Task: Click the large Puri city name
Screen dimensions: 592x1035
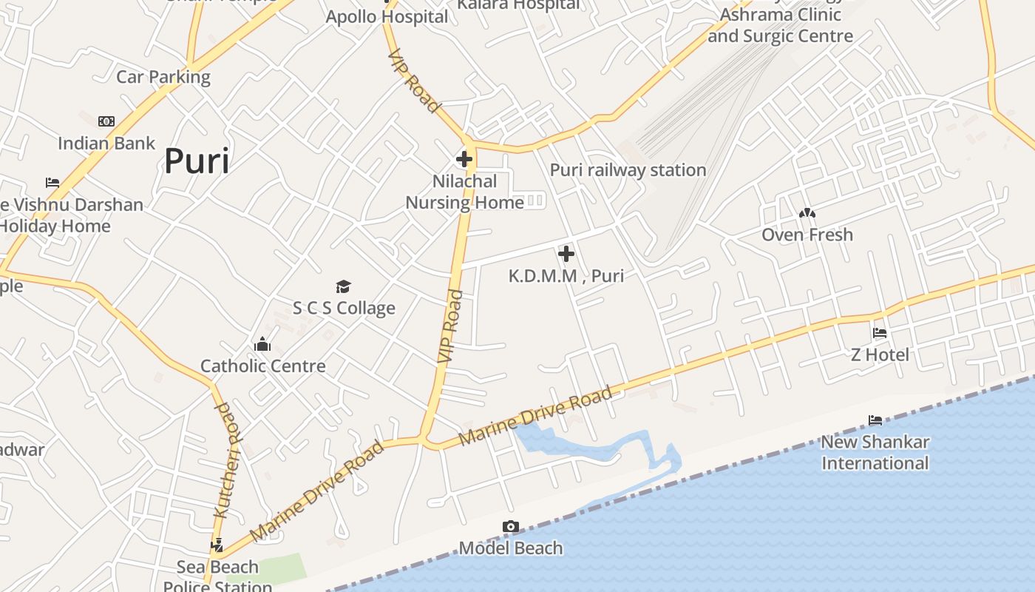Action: [x=196, y=161]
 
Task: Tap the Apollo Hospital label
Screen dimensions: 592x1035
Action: [x=387, y=16]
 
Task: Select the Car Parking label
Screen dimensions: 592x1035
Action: [x=163, y=77]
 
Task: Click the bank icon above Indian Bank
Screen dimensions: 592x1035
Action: [x=106, y=121]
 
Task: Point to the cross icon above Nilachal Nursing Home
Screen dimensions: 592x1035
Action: [x=464, y=159]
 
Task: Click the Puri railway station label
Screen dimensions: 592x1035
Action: [x=628, y=170]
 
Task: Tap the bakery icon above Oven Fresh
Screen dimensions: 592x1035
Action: [x=807, y=213]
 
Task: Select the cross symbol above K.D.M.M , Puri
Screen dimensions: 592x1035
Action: [x=566, y=255]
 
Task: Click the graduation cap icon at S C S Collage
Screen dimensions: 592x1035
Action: [x=343, y=287]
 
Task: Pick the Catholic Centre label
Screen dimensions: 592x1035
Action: [x=263, y=366]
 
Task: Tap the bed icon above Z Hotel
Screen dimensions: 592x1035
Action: [x=880, y=333]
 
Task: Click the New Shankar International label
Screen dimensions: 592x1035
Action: [x=875, y=452]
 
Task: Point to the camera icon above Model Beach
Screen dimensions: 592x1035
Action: [x=511, y=527]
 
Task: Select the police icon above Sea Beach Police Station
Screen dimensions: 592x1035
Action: [x=217, y=546]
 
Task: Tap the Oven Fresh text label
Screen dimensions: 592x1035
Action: [x=807, y=235]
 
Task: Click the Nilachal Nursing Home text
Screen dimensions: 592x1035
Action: [x=464, y=192]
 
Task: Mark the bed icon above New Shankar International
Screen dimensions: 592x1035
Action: [x=875, y=420]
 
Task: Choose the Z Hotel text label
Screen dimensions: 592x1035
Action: [x=880, y=354]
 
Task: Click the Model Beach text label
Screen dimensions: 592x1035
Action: [x=511, y=548]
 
